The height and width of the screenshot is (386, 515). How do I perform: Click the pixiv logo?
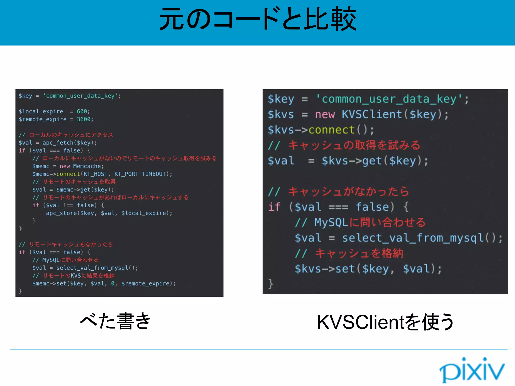[472, 370]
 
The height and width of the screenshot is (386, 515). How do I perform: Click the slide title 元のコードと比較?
[257, 20]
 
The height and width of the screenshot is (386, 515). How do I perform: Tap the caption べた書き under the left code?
[115, 321]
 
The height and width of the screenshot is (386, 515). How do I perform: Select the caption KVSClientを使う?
[385, 322]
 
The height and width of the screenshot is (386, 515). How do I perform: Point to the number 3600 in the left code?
[83, 119]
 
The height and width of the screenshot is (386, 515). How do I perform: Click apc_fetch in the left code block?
[58, 143]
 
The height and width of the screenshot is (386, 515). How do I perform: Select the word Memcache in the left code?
[87, 166]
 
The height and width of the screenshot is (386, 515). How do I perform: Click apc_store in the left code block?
[61, 213]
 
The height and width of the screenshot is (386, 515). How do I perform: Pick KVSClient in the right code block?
[372, 115]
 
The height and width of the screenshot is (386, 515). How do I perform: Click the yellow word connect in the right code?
[331, 130]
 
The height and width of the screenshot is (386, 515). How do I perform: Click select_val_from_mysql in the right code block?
[413, 238]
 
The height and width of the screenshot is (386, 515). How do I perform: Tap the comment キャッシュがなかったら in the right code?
[349, 191]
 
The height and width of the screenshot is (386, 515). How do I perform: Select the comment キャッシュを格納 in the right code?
[359, 253]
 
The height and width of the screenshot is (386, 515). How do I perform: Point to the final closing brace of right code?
[271, 284]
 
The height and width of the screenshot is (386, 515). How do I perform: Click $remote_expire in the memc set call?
[145, 283]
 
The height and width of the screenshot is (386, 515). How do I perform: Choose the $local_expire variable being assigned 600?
[41, 111]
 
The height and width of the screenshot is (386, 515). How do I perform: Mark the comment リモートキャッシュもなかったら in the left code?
[71, 244]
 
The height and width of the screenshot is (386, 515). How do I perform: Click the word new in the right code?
[325, 115]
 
